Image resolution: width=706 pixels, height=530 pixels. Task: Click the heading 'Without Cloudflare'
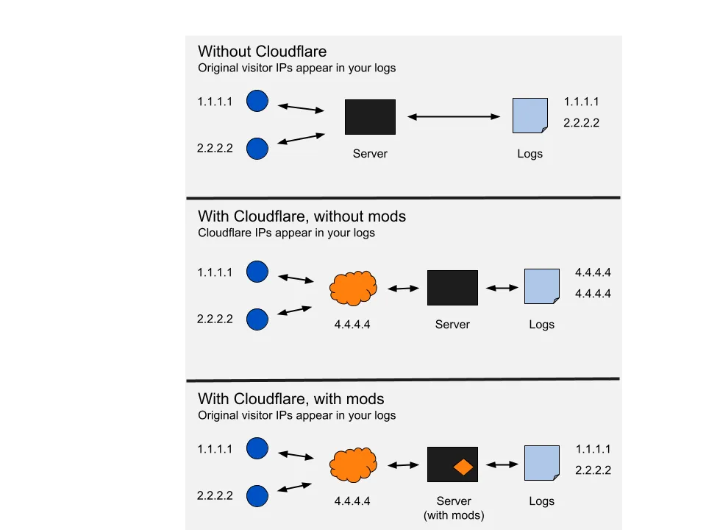[262, 52]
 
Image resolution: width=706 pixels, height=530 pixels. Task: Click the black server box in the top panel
[370, 117]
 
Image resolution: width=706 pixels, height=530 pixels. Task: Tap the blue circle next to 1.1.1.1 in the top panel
[257, 101]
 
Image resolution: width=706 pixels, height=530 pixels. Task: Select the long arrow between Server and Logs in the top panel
[454, 116]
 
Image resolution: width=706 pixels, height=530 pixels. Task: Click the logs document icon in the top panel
[529, 116]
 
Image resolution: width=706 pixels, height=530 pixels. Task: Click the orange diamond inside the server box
[463, 467]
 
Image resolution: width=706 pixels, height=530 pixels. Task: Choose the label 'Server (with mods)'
[453, 508]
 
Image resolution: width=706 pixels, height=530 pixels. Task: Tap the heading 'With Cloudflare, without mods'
[302, 216]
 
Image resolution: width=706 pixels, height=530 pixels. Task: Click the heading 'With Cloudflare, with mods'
[290, 399]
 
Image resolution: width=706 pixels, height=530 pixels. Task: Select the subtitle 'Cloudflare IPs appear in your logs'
[286, 233]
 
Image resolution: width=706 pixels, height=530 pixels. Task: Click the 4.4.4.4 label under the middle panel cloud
[352, 325]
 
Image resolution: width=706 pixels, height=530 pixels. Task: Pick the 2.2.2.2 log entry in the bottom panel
[593, 470]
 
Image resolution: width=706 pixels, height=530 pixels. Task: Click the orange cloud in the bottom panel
[354, 464]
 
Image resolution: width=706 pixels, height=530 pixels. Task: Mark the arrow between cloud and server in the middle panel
[403, 289]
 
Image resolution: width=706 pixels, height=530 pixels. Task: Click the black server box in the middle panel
[452, 288]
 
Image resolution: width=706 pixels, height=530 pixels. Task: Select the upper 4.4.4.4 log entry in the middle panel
[593, 272]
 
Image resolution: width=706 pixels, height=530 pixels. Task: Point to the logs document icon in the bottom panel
[541, 464]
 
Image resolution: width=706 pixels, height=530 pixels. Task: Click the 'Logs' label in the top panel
[529, 154]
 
